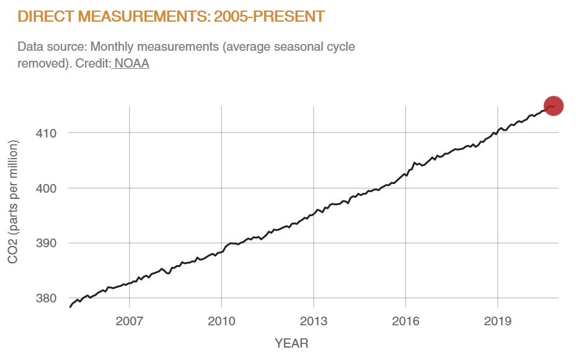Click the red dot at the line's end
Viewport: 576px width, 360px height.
click(553, 106)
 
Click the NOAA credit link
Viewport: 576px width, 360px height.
click(131, 63)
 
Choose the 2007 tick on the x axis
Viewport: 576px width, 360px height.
click(129, 322)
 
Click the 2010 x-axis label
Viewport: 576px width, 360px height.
click(221, 322)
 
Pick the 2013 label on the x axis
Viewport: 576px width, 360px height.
click(313, 322)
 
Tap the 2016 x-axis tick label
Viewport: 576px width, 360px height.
click(405, 322)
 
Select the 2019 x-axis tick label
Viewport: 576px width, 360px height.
click(497, 322)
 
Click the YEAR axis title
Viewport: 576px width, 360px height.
click(291, 343)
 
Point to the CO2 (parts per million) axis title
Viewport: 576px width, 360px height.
click(13, 201)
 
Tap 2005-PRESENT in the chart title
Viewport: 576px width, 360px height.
click(269, 16)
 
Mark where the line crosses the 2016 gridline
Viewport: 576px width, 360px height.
click(405, 174)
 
